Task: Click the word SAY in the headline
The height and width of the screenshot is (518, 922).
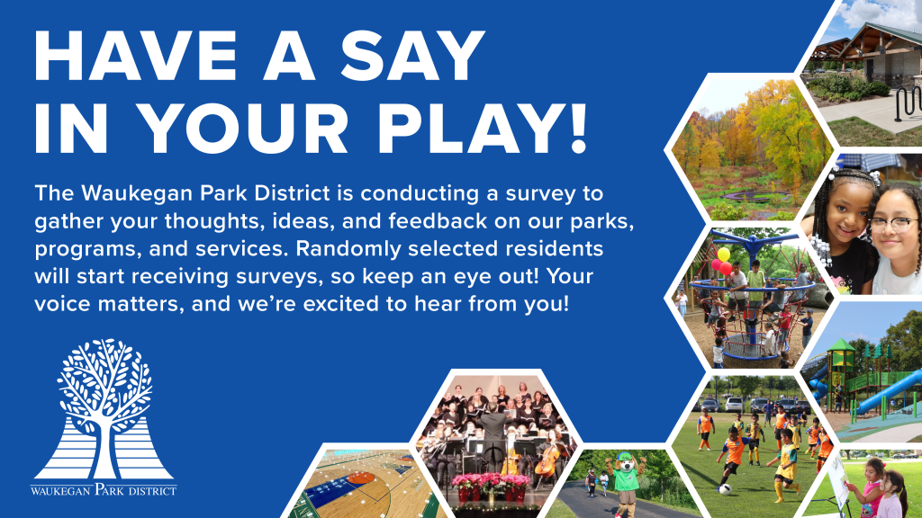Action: point(412,56)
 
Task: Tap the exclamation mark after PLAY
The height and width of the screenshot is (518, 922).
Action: point(579,129)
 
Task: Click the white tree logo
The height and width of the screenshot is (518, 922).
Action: point(104,409)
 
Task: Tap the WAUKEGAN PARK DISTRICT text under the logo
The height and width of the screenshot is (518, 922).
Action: point(104,489)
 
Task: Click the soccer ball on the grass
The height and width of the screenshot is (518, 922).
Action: point(725,488)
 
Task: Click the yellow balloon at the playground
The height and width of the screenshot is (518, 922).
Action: point(723,255)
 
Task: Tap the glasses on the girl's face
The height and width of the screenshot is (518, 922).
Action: point(893,224)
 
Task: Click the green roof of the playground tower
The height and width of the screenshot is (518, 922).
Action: point(841,345)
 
